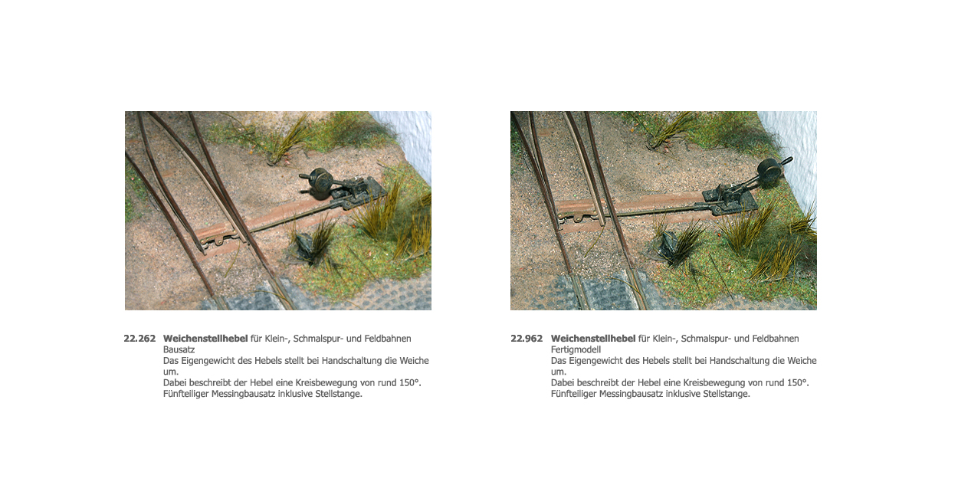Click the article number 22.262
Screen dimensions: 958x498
(x=139, y=339)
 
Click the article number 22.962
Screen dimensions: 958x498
(x=527, y=339)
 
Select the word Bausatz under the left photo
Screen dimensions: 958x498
(x=179, y=349)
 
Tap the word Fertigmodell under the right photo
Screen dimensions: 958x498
(x=576, y=349)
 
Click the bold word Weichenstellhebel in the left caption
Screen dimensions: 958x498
(x=205, y=339)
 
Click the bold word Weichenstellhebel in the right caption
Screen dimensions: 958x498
(x=593, y=339)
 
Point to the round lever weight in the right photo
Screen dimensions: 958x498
(x=769, y=172)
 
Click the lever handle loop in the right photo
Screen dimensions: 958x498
(x=787, y=161)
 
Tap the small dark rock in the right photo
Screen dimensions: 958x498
(x=668, y=247)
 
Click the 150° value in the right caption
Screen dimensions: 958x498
(x=798, y=383)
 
